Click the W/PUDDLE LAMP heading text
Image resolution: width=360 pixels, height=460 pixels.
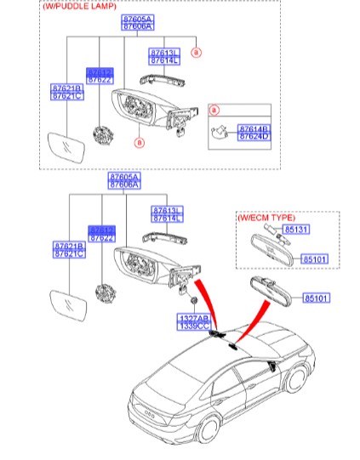(81, 6)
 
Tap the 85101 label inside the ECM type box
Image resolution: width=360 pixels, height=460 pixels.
(316, 258)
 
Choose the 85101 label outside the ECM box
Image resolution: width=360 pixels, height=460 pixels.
(316, 298)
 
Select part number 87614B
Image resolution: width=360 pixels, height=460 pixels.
(254, 128)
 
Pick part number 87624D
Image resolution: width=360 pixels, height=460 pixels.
(254, 136)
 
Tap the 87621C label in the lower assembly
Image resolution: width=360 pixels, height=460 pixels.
(68, 253)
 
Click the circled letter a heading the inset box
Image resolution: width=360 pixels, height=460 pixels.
(214, 111)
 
